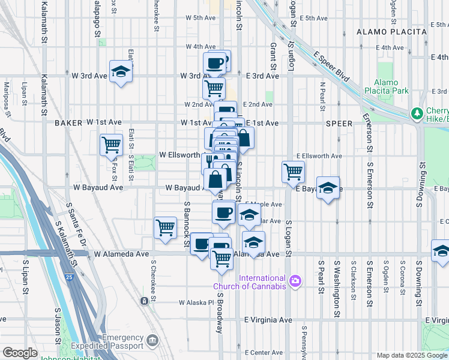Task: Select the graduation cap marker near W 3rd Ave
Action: pyautogui.click(x=121, y=71)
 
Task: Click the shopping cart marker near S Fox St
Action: pyautogui.click(x=111, y=144)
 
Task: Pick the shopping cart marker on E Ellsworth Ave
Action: pyautogui.click(x=293, y=171)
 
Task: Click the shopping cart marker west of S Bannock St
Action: pyautogui.click(x=165, y=227)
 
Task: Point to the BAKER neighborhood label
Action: pyautogui.click(x=68, y=122)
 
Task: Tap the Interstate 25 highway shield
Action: pyautogui.click(x=70, y=277)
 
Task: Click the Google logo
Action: pyautogui.click(x=19, y=353)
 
